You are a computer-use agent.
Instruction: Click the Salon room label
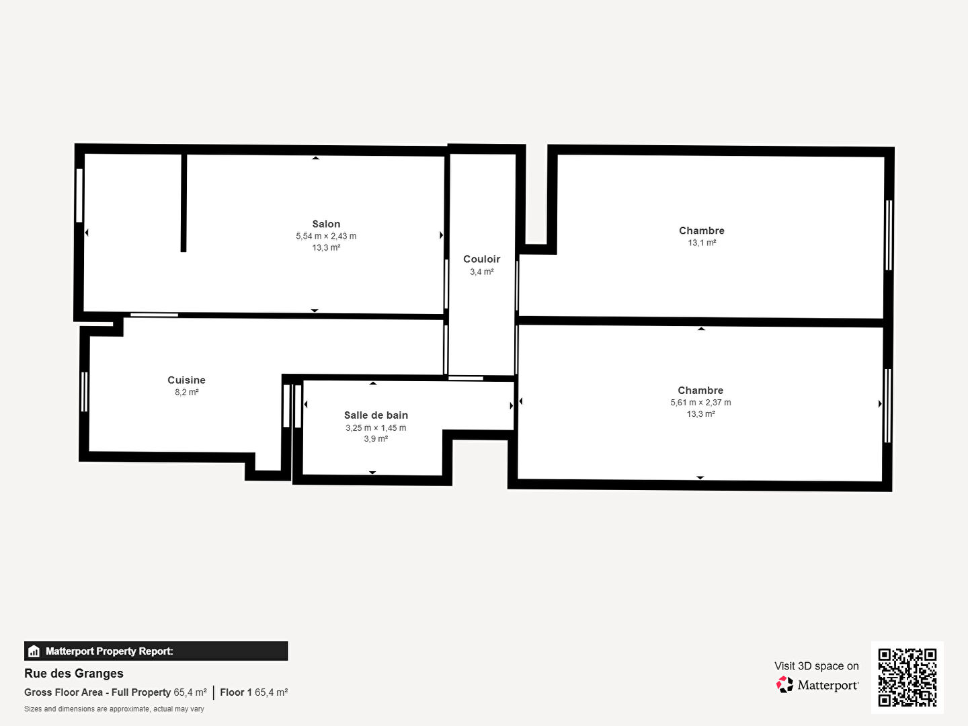click(326, 224)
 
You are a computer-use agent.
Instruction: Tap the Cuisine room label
click(186, 380)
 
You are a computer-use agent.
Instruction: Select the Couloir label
click(481, 259)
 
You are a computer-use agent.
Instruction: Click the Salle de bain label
click(376, 415)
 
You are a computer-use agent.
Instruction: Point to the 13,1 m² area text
click(702, 243)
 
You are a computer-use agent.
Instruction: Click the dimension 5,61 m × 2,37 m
click(700, 403)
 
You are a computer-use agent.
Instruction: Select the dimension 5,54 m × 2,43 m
click(326, 236)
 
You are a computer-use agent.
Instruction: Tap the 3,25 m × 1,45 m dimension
click(376, 428)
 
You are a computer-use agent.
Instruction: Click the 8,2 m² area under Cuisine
click(187, 393)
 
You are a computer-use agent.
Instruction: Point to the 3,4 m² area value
click(481, 272)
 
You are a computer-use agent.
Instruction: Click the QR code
click(907, 677)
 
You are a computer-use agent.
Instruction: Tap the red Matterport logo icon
click(784, 684)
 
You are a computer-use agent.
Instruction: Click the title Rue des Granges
click(74, 674)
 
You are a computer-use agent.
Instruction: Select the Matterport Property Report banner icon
click(34, 651)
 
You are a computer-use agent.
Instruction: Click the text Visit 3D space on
click(816, 666)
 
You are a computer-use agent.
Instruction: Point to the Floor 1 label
click(235, 692)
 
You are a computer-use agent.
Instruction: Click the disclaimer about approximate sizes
click(114, 709)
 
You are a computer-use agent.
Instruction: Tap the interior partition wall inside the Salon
click(184, 203)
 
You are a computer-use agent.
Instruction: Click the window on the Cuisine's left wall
click(84, 392)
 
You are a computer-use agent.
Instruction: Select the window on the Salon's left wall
click(79, 195)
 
